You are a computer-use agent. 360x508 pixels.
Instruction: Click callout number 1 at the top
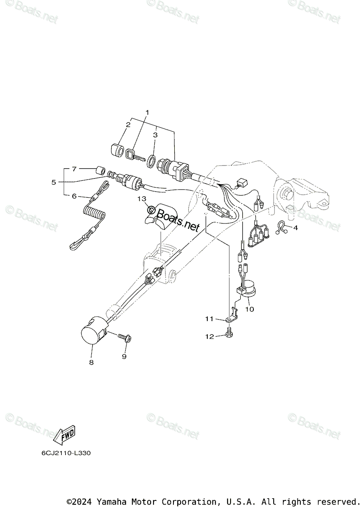click(x=148, y=112)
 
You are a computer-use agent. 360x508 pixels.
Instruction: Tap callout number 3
click(x=155, y=135)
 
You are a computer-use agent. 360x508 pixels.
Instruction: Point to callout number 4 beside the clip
click(x=295, y=228)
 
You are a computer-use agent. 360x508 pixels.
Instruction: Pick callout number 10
click(x=249, y=309)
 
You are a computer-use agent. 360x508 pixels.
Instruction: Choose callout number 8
click(x=91, y=362)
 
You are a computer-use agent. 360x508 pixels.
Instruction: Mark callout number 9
click(x=124, y=357)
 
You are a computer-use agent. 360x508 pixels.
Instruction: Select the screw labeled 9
click(x=124, y=337)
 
